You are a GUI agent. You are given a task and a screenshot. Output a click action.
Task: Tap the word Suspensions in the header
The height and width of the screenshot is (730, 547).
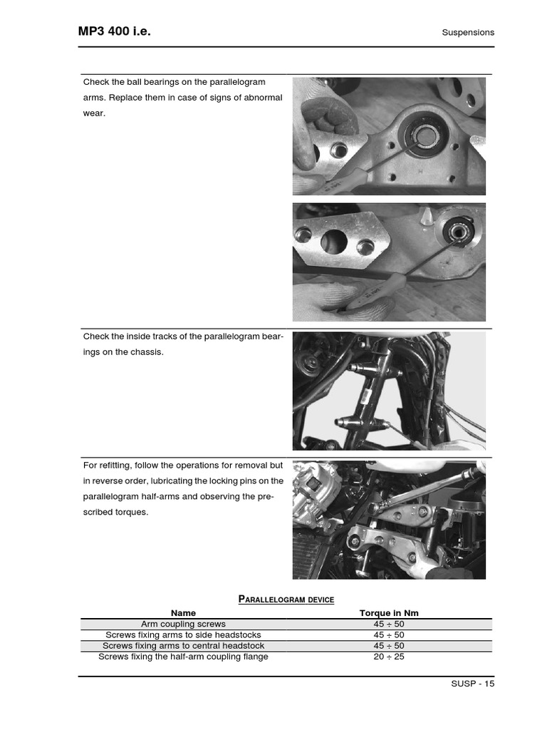[x=468, y=33]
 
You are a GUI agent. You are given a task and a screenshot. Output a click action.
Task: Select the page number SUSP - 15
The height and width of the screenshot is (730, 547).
[x=472, y=683]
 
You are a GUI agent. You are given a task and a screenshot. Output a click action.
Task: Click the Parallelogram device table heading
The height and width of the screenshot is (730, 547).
[x=286, y=600]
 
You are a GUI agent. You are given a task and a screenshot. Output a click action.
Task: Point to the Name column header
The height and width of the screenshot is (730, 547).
[x=183, y=613]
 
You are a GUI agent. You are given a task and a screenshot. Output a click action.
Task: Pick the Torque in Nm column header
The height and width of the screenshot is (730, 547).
[x=389, y=613]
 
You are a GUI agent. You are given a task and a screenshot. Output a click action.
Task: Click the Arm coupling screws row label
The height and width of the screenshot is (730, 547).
[x=183, y=624]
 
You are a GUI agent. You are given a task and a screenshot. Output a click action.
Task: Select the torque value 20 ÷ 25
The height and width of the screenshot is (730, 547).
[x=389, y=657]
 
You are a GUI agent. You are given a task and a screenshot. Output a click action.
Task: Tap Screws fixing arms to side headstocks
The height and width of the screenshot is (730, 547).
[x=183, y=634]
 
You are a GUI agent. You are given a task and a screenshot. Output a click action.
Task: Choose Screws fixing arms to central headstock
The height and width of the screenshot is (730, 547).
[x=183, y=646]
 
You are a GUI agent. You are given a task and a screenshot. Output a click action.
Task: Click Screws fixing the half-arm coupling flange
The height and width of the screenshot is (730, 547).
[x=183, y=657]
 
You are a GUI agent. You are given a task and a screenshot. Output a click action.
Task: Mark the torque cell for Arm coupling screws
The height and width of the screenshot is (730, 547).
[x=389, y=624]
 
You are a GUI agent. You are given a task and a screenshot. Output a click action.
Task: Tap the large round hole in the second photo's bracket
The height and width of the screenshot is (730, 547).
[x=334, y=242]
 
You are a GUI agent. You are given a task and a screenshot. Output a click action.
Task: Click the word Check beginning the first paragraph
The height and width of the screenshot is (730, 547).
[x=95, y=82]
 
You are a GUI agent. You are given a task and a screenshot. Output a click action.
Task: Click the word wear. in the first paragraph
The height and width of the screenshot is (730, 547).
[x=94, y=113]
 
